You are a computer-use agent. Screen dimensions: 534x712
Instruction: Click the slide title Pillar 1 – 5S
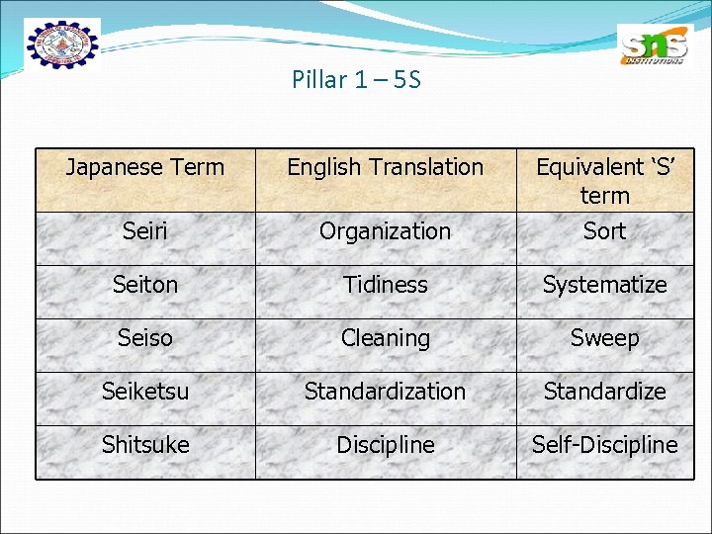pyautogui.click(x=356, y=80)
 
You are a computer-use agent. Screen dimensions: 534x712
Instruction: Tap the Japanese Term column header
pyautogui.click(x=145, y=167)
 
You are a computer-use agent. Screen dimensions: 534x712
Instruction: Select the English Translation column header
pyautogui.click(x=385, y=167)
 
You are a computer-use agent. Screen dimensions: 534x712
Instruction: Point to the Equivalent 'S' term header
pyautogui.click(x=604, y=180)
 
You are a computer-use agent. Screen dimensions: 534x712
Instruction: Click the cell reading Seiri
pyautogui.click(x=145, y=231)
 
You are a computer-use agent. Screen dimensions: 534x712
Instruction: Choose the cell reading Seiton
pyautogui.click(x=145, y=285)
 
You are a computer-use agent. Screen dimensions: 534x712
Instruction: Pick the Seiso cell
pyautogui.click(x=145, y=338)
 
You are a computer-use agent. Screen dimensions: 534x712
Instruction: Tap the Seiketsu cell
pyautogui.click(x=145, y=392)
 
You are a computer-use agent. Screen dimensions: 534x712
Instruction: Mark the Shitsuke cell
pyautogui.click(x=145, y=445)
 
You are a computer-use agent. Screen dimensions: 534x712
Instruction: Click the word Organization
pyautogui.click(x=385, y=231)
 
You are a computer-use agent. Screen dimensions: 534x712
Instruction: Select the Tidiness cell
pyautogui.click(x=385, y=285)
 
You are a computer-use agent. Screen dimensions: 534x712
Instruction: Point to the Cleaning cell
pyautogui.click(x=385, y=338)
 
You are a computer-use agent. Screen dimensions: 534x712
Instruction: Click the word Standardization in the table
pyautogui.click(x=385, y=392)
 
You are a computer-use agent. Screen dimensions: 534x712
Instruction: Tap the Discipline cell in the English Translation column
pyautogui.click(x=385, y=445)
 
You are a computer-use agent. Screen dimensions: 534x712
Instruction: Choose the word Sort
pyautogui.click(x=604, y=231)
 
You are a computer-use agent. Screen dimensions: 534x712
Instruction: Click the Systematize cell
pyautogui.click(x=604, y=285)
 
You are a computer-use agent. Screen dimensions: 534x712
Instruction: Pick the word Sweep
pyautogui.click(x=604, y=338)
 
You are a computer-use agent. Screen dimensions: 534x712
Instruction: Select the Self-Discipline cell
pyautogui.click(x=604, y=445)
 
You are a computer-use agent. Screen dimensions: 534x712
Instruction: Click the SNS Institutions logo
pyautogui.click(x=653, y=44)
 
